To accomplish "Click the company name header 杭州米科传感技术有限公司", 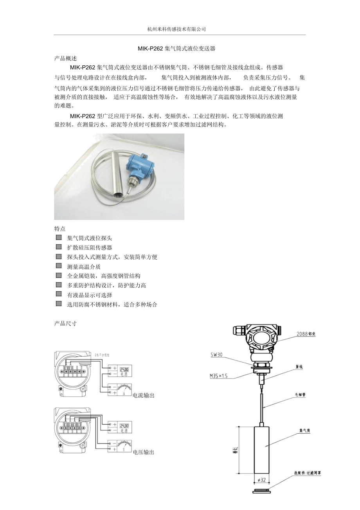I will (x=176, y=29).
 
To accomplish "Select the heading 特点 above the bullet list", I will (x=60, y=229).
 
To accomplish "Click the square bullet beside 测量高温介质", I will (x=59, y=266).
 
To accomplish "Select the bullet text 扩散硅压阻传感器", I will (x=90, y=248).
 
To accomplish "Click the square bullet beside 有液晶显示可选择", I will (x=59, y=294).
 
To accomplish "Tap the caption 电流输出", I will (x=144, y=396).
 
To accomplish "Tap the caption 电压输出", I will (x=144, y=452).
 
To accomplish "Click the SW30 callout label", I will (x=216, y=355).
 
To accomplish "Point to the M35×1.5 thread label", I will (x=218, y=377).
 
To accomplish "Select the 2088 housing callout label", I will (x=306, y=334).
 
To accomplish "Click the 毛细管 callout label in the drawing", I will (x=300, y=395).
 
